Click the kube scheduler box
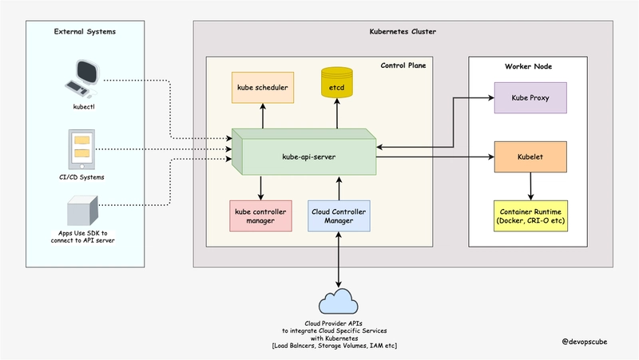pyautogui.click(x=261, y=86)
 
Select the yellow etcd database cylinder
pyautogui.click(x=336, y=86)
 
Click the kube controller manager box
pyautogui.click(x=261, y=216)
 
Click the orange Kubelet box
pyautogui.click(x=530, y=157)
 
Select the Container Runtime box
pyautogui.click(x=530, y=216)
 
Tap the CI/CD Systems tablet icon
pyautogui.click(x=82, y=148)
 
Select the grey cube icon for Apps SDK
pyautogui.click(x=82, y=211)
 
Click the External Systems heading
pyautogui.click(x=85, y=31)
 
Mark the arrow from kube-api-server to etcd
pyautogui.click(x=336, y=117)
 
